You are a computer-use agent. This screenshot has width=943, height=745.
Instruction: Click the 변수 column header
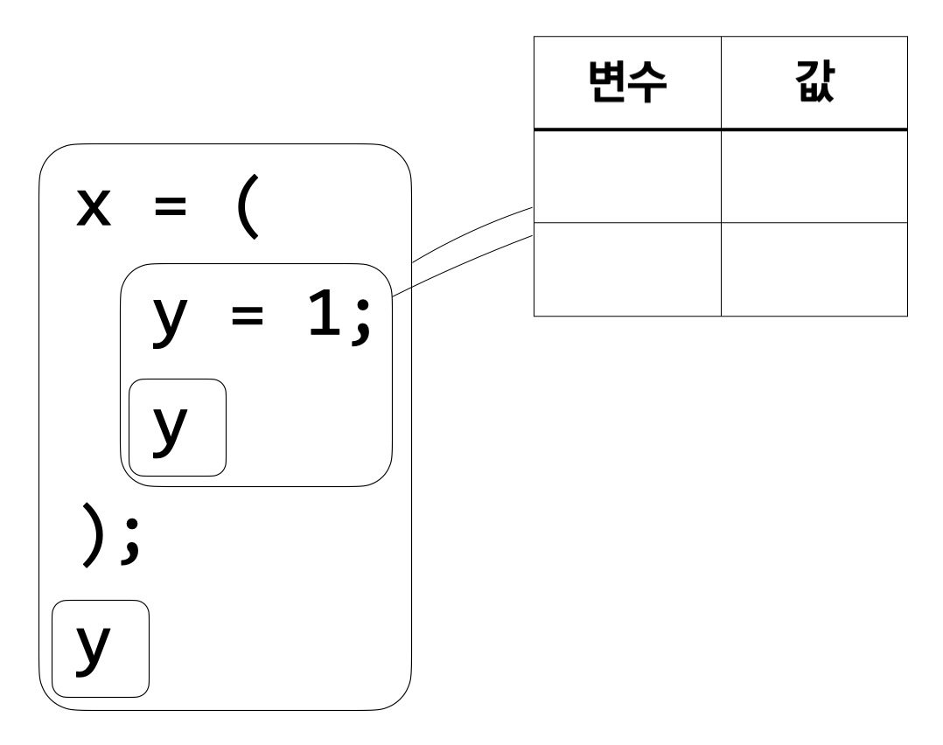627,85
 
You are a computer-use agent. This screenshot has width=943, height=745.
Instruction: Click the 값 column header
814,85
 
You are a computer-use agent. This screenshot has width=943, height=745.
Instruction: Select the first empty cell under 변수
627,176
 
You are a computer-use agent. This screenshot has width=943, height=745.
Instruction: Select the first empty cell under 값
814,176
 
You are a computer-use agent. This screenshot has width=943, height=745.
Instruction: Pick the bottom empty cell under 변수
627,268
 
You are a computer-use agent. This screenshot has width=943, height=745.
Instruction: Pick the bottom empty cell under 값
814,268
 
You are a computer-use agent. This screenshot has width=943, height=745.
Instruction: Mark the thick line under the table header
720,129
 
